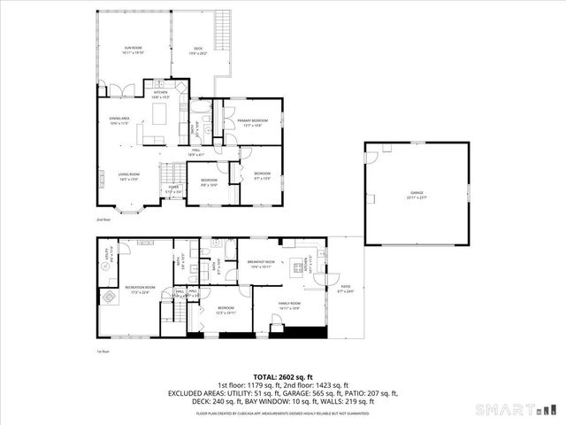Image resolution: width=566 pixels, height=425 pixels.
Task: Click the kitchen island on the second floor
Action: tap(160, 113)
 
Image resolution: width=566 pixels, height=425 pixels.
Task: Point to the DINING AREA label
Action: tap(119, 120)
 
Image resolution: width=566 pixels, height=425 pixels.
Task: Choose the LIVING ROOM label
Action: tap(129, 176)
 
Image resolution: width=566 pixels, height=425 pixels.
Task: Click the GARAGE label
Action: tap(417, 195)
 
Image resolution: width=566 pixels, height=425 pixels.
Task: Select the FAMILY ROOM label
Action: tap(291, 305)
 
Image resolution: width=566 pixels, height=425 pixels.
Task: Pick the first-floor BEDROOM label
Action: tap(225, 310)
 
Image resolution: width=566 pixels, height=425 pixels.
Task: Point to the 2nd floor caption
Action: tap(103, 220)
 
